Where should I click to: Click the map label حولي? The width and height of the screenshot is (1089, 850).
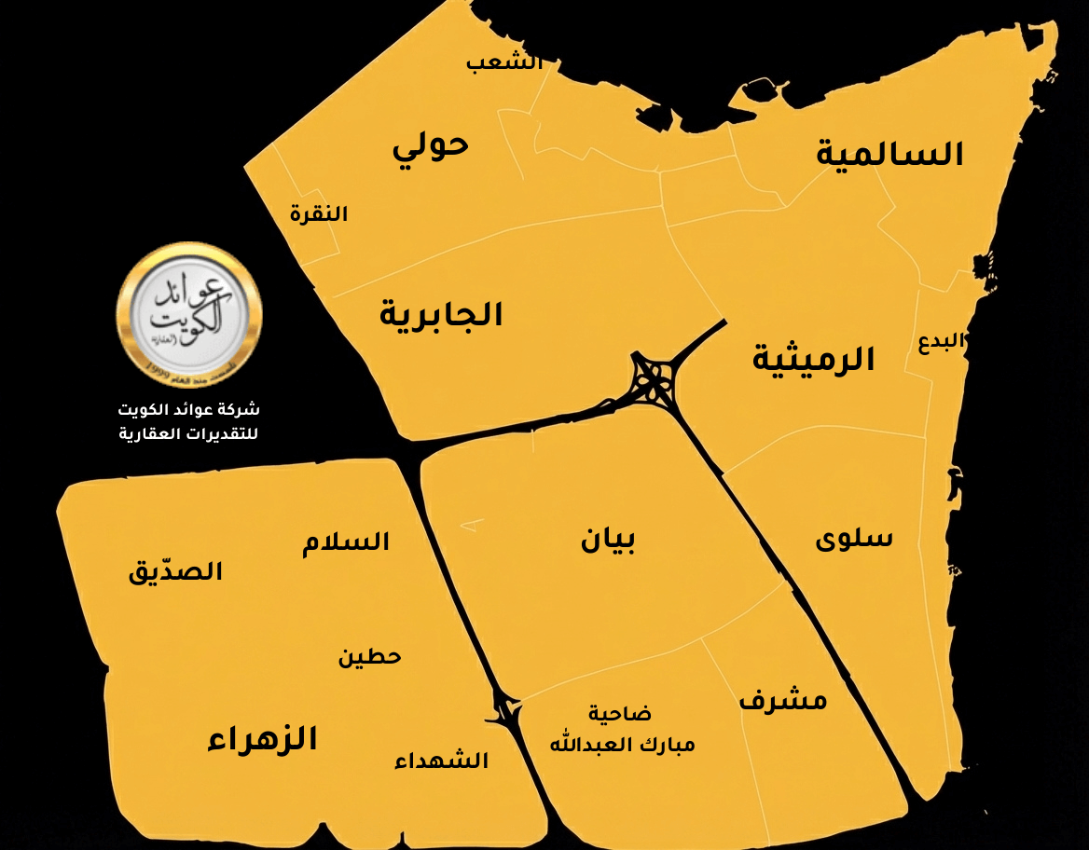coord(430,146)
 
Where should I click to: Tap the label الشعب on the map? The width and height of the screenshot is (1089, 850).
coord(503,63)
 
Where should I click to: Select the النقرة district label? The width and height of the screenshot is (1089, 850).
coord(318,214)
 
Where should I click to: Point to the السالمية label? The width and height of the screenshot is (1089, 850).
coord(889,155)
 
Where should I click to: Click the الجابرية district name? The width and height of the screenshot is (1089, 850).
coord(441,315)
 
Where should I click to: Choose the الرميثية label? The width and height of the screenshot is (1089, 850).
coord(814,360)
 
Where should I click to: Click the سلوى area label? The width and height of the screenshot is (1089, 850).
coord(854,539)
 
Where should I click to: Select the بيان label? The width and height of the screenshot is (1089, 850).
coord(608,540)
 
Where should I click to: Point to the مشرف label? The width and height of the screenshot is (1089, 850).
coord(783,700)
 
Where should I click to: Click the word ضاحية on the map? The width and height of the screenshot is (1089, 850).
coord(619,714)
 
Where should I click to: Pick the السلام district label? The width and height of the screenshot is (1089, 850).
coord(346,542)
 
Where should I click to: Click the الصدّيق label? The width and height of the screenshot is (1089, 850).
coord(175,571)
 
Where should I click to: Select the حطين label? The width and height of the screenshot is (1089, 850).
coord(369,657)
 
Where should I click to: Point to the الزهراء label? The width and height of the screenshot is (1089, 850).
coord(262,740)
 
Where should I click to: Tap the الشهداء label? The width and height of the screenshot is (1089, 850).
coord(441,761)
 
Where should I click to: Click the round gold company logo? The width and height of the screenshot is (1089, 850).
coord(189,313)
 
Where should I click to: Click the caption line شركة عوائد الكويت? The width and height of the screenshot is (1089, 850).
coord(189,410)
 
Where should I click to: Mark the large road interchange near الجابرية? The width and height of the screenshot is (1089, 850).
coord(656,379)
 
